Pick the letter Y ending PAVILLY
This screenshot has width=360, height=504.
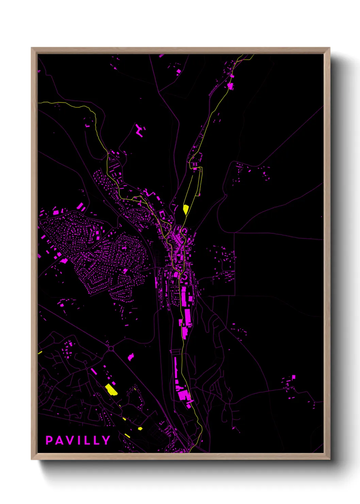point(106,440)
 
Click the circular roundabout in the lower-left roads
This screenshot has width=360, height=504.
point(111,348)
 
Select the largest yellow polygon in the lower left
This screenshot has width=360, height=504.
point(111,389)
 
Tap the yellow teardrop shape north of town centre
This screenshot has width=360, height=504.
point(185,209)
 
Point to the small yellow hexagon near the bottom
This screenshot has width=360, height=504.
point(140,428)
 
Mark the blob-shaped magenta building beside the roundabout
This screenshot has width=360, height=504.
point(131,357)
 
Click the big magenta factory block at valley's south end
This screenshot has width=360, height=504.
point(183,395)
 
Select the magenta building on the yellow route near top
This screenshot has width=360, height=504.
point(230,85)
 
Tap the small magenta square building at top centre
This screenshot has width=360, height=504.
point(179,71)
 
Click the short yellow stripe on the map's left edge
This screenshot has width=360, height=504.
point(40,352)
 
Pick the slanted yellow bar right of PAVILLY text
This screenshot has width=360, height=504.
point(127,435)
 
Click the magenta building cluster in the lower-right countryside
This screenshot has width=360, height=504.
point(291,381)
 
